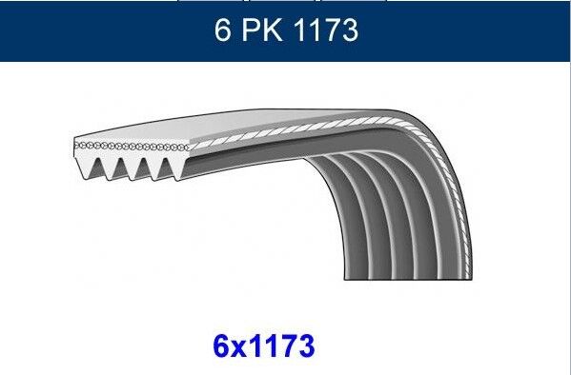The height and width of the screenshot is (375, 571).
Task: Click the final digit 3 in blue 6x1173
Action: click(x=303, y=345)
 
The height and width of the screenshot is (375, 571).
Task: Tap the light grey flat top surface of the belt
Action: click(x=286, y=124)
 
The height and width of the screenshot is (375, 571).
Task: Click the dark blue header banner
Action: click(x=95, y=31)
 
